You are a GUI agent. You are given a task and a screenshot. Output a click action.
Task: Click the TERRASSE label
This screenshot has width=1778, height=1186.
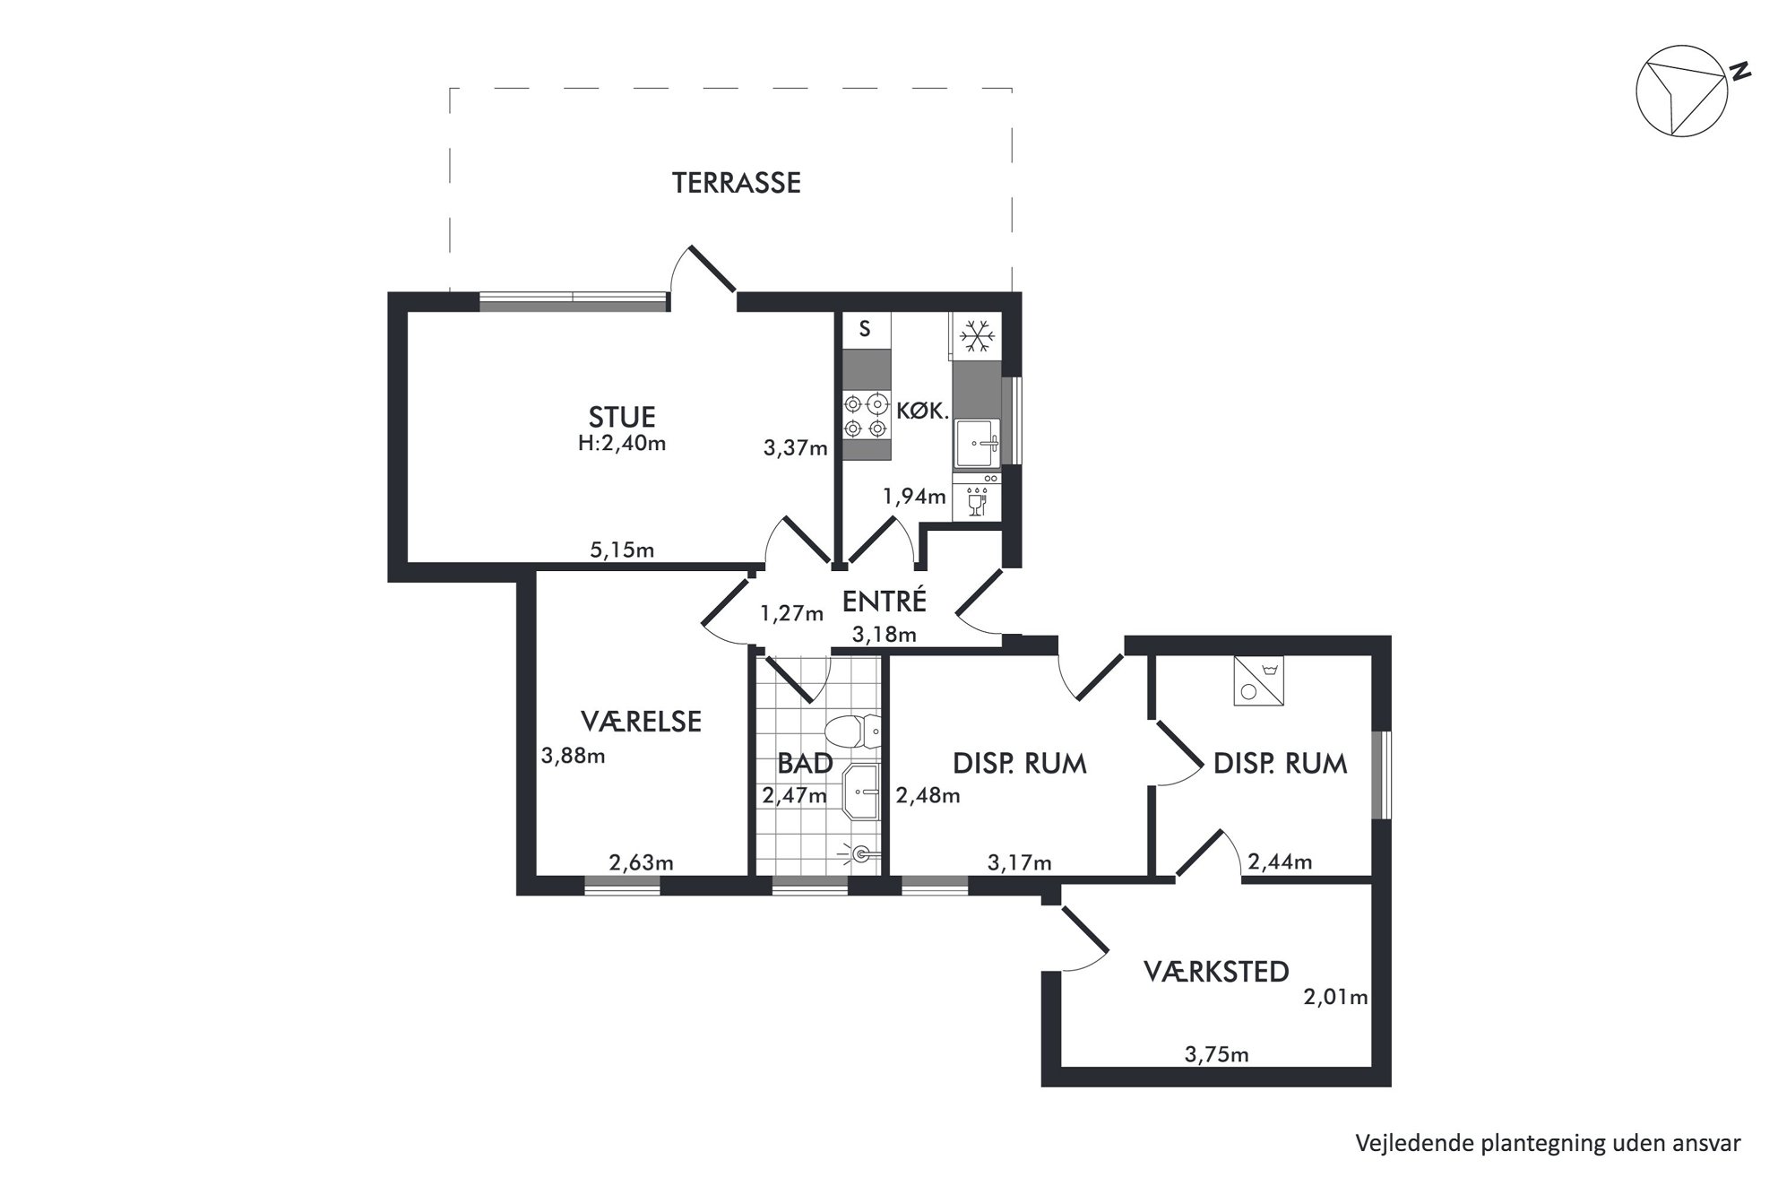point(737,183)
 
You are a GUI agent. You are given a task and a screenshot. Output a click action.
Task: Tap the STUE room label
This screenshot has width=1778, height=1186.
point(622,417)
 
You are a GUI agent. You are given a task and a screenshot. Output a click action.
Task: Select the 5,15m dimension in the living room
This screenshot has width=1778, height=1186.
point(622,550)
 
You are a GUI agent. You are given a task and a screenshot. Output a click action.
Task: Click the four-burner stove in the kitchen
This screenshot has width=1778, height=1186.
point(867,416)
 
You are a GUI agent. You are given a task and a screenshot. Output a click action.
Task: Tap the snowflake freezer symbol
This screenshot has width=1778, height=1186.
point(977,336)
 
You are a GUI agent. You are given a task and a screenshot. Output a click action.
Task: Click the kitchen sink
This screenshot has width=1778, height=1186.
point(977,443)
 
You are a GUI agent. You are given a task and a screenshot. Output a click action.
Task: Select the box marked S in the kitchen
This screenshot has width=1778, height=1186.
point(867,330)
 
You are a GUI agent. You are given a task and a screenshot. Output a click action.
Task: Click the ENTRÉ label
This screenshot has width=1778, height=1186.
point(884,602)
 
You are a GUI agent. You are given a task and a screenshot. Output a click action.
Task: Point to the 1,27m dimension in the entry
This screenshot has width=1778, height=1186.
point(792,614)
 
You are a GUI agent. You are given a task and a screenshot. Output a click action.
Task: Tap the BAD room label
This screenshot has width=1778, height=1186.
point(805,764)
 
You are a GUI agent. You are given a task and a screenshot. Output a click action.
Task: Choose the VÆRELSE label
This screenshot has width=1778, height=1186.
point(641,722)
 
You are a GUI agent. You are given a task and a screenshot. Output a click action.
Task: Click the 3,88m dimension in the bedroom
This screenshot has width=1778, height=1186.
point(574,756)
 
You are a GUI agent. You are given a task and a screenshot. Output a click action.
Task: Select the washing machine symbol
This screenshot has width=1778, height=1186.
point(1258,680)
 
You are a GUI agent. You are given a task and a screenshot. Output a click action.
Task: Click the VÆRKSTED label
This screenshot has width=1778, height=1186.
point(1216,971)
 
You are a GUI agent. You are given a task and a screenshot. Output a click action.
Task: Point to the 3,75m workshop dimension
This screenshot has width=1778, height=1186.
point(1216,1055)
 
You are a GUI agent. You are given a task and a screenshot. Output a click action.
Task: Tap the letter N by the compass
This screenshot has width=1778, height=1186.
point(1739,72)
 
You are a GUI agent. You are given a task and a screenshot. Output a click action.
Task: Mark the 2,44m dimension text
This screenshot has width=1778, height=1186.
point(1280,862)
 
